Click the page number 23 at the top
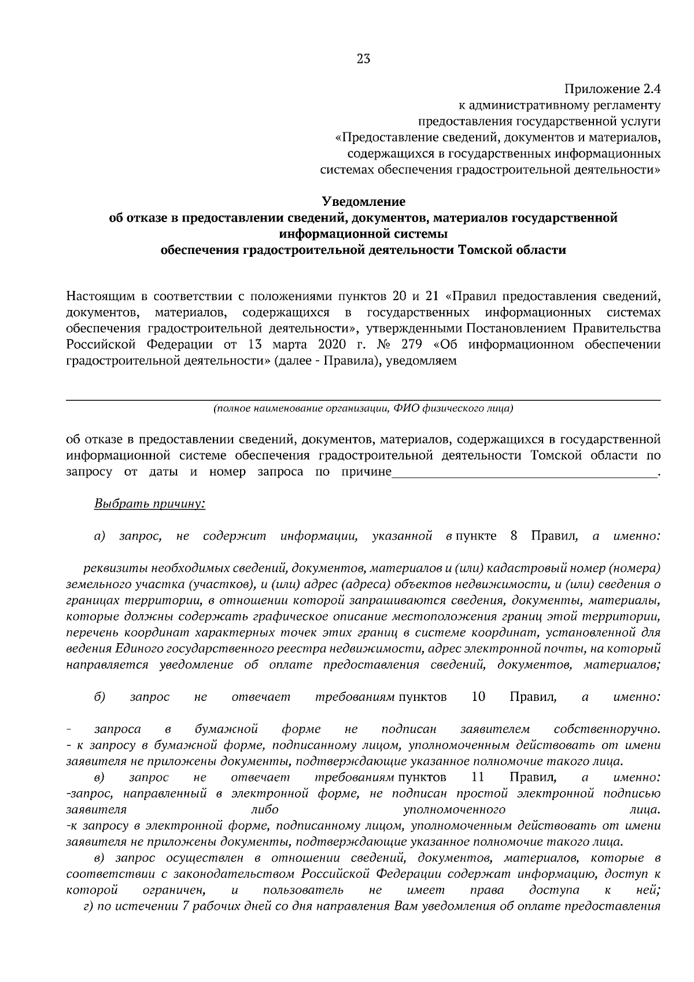pos(363,59)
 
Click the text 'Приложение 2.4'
pos(612,90)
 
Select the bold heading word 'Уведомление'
pos(363,202)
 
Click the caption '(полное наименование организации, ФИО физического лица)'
pos(363,409)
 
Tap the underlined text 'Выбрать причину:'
pos(149,504)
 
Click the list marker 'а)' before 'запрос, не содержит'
pos(99,536)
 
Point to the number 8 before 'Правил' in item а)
pos(514,536)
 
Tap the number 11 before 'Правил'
pos(478,777)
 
